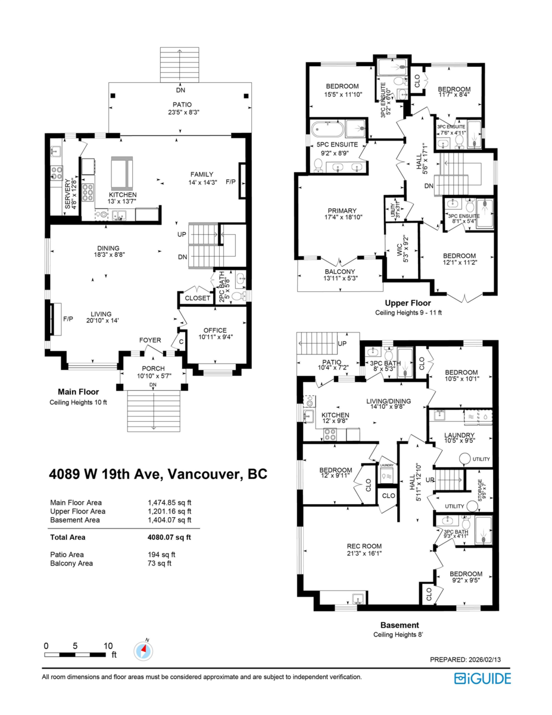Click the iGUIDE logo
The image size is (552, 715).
click(x=482, y=678)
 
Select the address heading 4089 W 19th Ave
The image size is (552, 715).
click(x=158, y=474)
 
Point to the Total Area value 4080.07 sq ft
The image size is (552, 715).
click(x=169, y=537)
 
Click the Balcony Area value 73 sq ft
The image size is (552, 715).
click(x=160, y=563)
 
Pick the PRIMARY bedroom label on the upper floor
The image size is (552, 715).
click(x=342, y=210)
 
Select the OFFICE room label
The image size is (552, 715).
click(x=215, y=330)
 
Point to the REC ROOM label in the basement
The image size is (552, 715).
click(x=364, y=546)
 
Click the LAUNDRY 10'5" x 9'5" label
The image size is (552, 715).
click(x=459, y=435)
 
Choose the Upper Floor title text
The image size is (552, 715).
click(x=407, y=303)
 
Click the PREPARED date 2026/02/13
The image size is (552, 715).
click(x=470, y=660)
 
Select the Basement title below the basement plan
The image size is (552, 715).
click(x=399, y=625)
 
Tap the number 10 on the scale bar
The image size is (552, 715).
click(x=108, y=646)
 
